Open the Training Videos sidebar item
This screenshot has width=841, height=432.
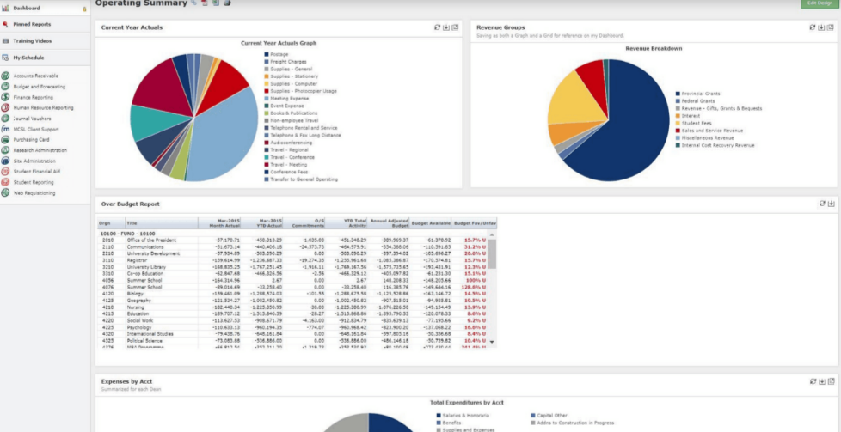pyautogui.click(x=32, y=40)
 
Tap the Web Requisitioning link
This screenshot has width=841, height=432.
pyautogui.click(x=34, y=193)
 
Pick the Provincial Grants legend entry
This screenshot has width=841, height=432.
pyautogui.click(x=700, y=93)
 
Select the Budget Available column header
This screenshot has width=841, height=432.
pyautogui.click(x=431, y=222)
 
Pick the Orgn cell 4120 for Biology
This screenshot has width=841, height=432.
pyautogui.click(x=107, y=293)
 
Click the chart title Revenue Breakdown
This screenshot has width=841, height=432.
pyautogui.click(x=654, y=48)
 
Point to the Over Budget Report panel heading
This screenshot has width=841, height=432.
pyautogui.click(x=130, y=204)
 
